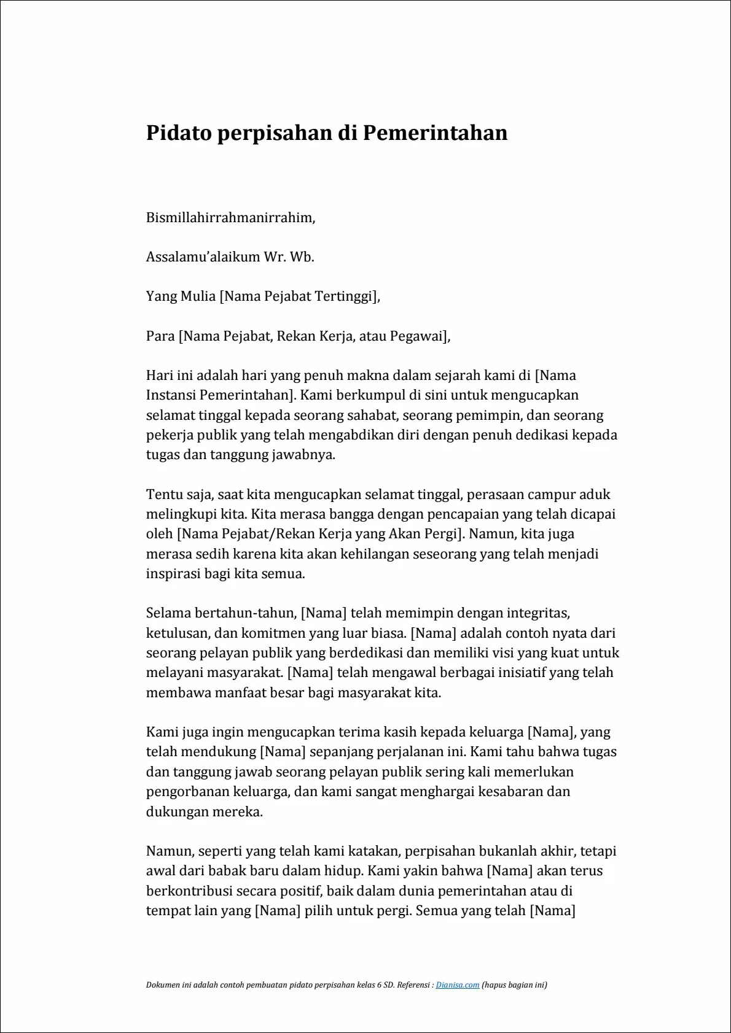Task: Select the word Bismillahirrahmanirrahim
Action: pos(230,217)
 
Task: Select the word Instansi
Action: pos(171,395)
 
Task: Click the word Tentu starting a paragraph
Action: pos(163,494)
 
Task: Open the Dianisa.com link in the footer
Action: pos(457,985)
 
